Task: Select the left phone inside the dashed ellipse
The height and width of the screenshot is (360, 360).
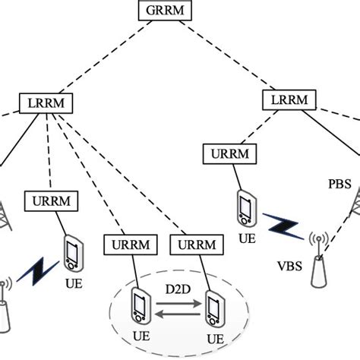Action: tap(140, 305)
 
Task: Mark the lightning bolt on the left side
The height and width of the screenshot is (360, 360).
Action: tap(34, 270)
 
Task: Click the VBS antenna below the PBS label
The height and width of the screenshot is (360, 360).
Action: tap(320, 262)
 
